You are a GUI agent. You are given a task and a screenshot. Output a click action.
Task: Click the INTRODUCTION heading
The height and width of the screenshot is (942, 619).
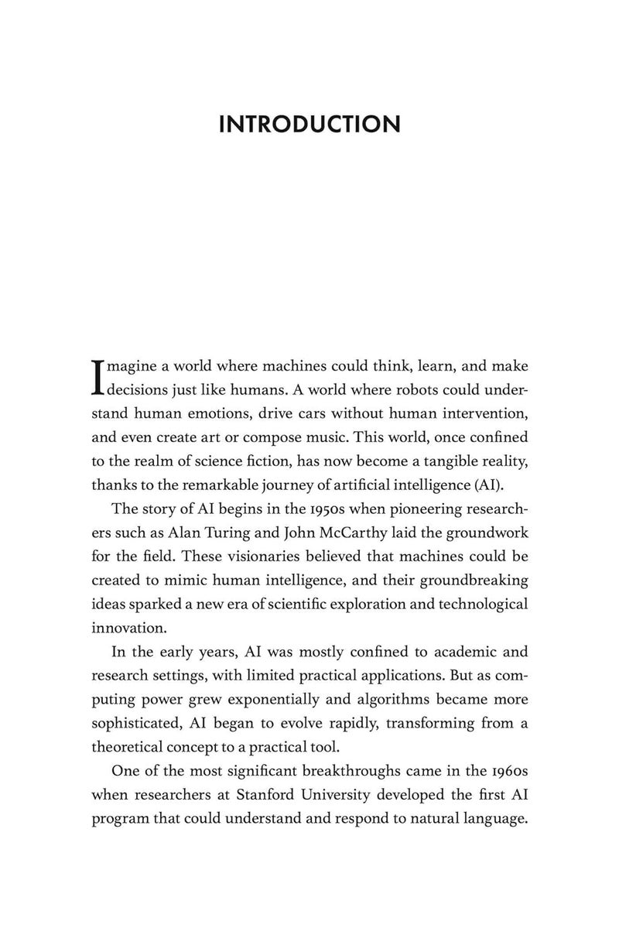309,124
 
